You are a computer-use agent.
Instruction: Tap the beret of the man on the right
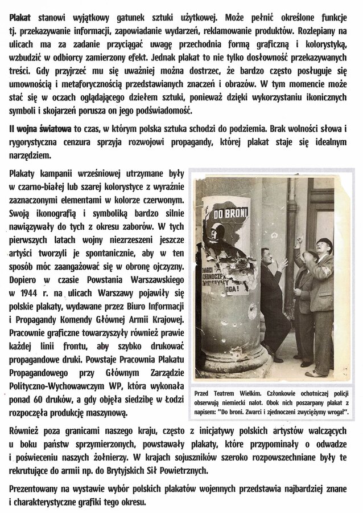[x=324, y=243]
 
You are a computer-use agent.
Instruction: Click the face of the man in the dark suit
[x=269, y=257]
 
